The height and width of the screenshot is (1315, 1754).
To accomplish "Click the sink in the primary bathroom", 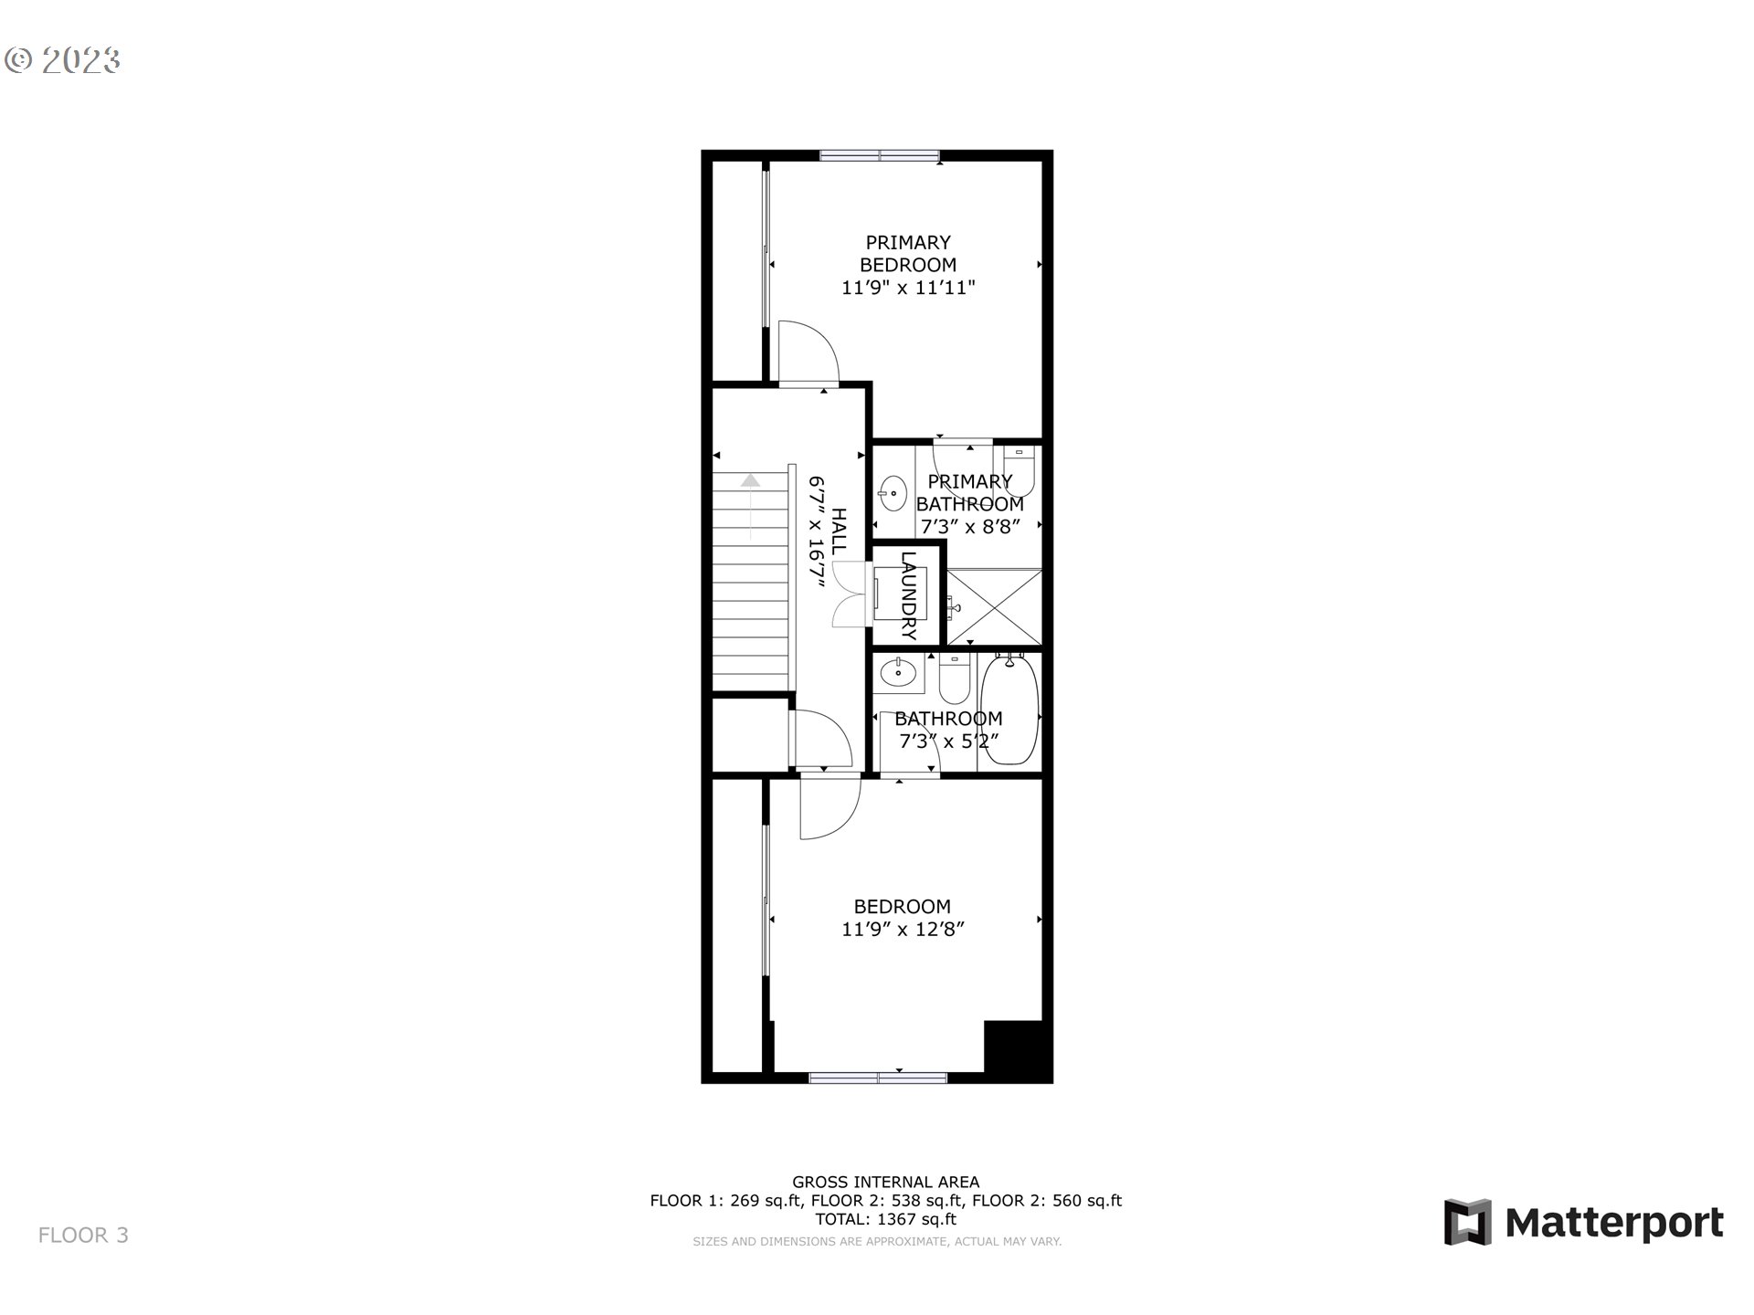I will point(892,494).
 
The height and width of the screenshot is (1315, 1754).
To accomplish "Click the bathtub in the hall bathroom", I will point(1009,710).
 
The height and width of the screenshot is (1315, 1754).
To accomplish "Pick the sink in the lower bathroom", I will point(899,673).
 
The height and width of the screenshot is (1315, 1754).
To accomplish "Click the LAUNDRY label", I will point(908,594).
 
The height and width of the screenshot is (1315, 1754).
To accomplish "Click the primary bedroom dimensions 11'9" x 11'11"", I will point(908,288).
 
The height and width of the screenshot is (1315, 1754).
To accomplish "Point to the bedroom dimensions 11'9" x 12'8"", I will point(903,930).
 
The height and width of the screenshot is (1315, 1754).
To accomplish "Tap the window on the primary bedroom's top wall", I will point(879,155).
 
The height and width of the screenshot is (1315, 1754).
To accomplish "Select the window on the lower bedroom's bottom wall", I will point(878,1078).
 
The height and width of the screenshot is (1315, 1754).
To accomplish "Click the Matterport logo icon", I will point(1467,1222).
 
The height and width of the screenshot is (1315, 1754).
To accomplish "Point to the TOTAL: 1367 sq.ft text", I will point(885,1219).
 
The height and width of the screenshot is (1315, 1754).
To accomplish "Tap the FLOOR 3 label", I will point(83,1236).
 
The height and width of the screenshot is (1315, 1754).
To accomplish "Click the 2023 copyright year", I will point(80,60).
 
